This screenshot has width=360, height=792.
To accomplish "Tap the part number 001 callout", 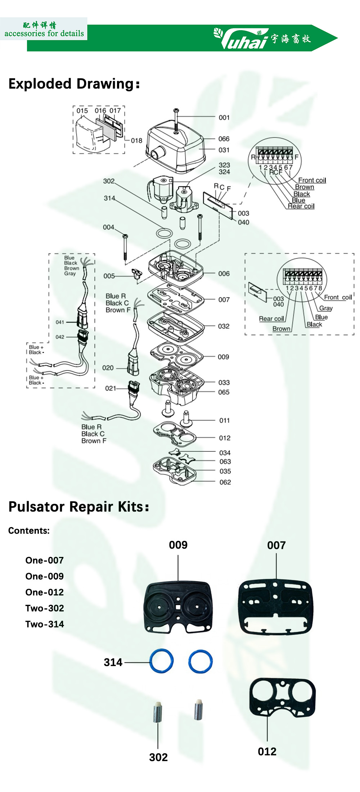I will pos(224,118).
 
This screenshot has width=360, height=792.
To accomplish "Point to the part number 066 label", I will pos(224,139).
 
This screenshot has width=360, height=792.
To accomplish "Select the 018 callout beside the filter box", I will pos(136,141).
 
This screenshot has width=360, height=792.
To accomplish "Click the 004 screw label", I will pos(108,228).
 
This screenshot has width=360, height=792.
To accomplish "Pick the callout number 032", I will pos(224,327).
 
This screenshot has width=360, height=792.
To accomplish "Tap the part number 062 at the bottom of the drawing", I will pos(225,482).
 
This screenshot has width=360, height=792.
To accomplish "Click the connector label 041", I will pos(60,322).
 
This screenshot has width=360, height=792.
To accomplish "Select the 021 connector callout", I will pos(111,388).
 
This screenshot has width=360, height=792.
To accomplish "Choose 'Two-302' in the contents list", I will pos(45,608).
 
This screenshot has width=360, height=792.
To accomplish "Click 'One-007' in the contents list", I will pos(45,561).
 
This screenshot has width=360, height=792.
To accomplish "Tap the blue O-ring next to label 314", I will pos(162,661).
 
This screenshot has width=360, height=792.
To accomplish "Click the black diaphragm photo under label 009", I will pos(178,607).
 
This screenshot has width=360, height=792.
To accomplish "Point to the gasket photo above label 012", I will pos(282,697).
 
